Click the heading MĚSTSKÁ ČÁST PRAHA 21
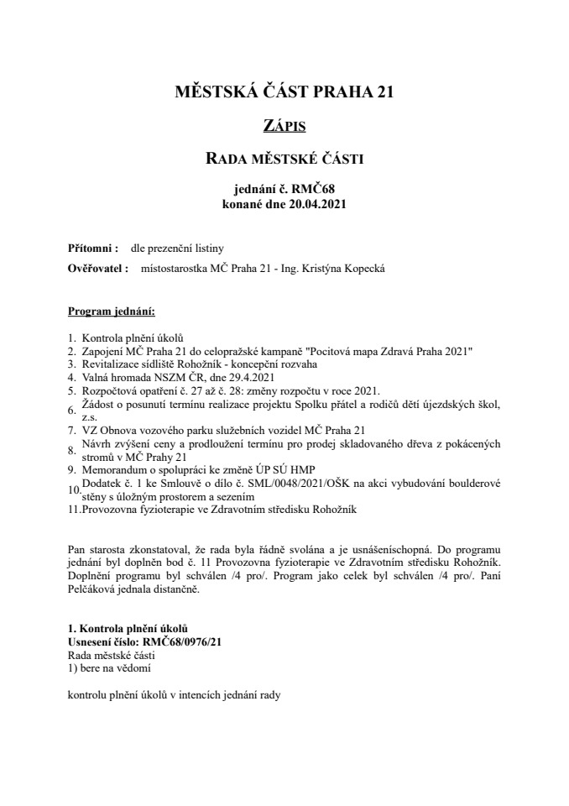(x=284, y=92)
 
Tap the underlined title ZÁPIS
(x=284, y=127)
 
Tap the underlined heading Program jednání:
(x=111, y=312)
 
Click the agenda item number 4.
(x=71, y=378)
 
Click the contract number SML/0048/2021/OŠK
(x=246, y=483)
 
